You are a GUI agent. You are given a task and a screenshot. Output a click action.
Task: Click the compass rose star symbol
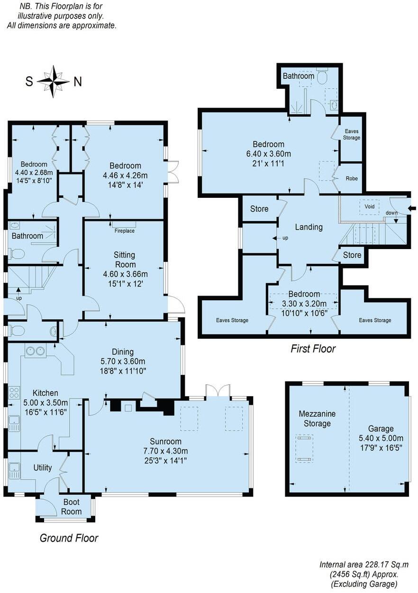click(x=53, y=81)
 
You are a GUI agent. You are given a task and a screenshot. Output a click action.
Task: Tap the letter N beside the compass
click(x=78, y=82)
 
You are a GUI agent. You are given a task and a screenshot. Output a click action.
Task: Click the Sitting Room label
click(x=125, y=259)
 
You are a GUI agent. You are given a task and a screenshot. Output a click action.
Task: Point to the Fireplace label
click(x=125, y=231)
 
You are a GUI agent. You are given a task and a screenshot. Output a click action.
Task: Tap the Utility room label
click(x=42, y=468)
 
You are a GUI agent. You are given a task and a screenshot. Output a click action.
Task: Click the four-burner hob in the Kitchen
click(x=14, y=393)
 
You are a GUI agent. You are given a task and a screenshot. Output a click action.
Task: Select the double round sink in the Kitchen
click(x=35, y=351)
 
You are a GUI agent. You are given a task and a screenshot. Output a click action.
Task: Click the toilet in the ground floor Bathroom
click(x=16, y=254)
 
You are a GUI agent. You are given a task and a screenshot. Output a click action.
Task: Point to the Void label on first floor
click(x=369, y=207)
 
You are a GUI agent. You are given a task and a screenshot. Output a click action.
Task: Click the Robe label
click(x=352, y=178)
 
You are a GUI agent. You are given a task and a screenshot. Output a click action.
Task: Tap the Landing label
click(x=309, y=227)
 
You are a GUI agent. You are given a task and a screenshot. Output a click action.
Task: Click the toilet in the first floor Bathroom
click(x=323, y=77)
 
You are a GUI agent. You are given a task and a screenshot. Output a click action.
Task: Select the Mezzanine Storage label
click(x=317, y=418)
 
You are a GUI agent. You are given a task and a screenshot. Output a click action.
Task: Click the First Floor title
click(x=313, y=349)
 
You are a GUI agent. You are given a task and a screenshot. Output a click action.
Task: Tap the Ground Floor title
click(x=69, y=538)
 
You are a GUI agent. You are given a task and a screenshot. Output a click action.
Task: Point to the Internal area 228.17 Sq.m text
click(x=363, y=565)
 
